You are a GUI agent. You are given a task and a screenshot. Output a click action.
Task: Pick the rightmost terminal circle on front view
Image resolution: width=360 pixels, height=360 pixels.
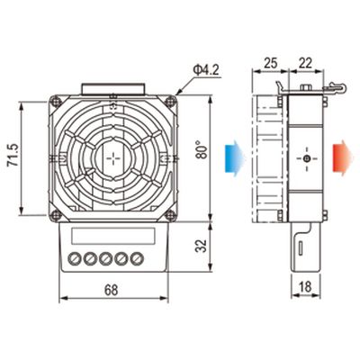137,260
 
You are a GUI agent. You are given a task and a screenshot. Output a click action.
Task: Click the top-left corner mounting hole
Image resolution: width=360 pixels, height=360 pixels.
58,102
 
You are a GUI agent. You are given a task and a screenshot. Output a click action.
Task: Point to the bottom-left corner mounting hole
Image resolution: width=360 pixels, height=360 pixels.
58,214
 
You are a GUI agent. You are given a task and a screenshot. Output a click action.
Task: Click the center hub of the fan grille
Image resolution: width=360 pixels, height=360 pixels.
113,158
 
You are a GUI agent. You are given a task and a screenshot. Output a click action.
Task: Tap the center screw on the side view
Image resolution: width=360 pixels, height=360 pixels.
307,160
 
